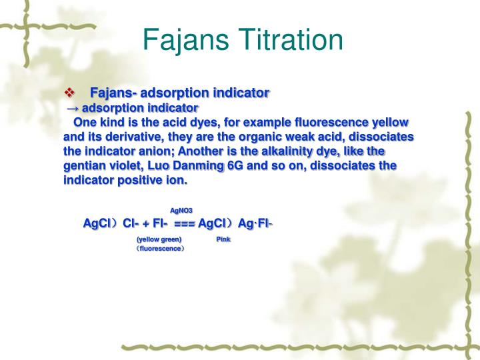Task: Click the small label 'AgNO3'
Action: pyautogui.click(x=181, y=211)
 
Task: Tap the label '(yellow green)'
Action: pyautogui.click(x=159, y=239)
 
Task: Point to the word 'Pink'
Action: pyautogui.click(x=223, y=239)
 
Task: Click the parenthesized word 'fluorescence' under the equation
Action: pyautogui.click(x=159, y=248)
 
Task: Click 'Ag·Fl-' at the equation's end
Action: pyautogui.click(x=255, y=224)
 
